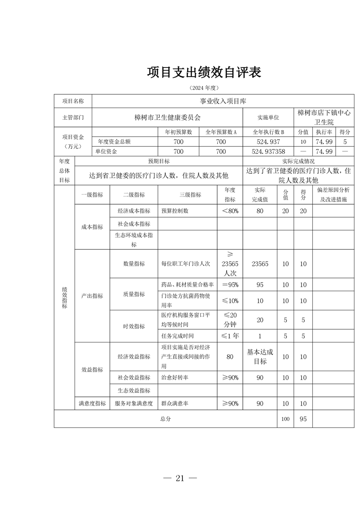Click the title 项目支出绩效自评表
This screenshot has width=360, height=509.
[204, 72]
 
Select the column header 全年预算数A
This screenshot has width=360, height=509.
[221, 132]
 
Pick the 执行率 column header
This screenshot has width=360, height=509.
[324, 132]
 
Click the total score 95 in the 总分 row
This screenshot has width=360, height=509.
[303, 419]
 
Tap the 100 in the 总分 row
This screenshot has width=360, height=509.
[285, 419]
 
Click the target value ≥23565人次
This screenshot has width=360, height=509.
[230, 264]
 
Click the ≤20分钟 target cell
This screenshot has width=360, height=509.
[230, 320]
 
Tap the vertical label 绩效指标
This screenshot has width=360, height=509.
[64, 298]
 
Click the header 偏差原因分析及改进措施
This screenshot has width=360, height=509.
[333, 195]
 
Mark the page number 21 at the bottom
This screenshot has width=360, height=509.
[180, 478]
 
